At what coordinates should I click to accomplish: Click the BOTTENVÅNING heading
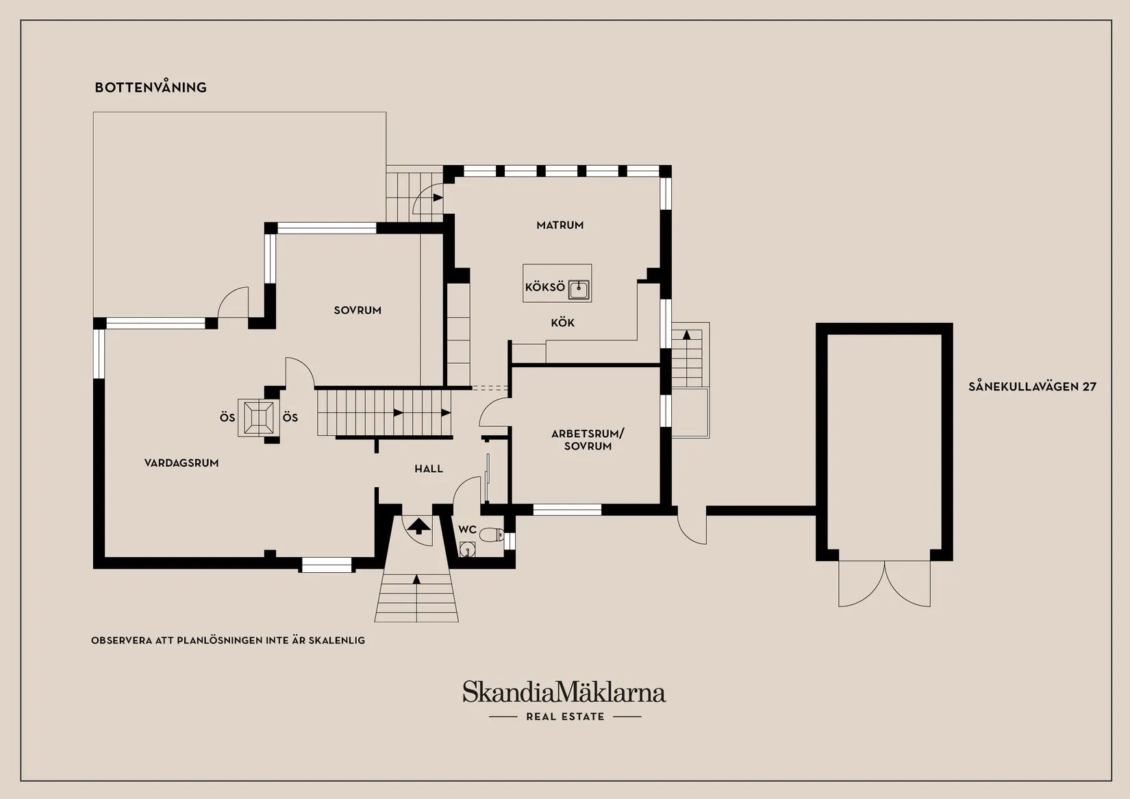[151, 87]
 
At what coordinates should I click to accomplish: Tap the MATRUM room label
[560, 225]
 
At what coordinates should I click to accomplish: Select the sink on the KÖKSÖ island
[579, 290]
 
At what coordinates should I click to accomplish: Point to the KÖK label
[562, 323]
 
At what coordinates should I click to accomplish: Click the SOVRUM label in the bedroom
[357, 310]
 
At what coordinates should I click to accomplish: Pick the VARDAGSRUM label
[181, 463]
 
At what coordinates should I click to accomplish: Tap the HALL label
[429, 469]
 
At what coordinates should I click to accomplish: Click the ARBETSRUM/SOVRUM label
[588, 440]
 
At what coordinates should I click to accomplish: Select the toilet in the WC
[491, 534]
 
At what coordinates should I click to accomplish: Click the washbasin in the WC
[468, 549]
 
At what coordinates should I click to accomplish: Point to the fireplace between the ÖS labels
[258, 418]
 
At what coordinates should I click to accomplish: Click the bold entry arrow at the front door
[418, 526]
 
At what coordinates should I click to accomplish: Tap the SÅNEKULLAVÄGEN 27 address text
[1032, 386]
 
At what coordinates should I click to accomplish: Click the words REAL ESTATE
[565, 717]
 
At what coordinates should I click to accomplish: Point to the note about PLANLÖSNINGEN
[228, 641]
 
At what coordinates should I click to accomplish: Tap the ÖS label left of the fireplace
[227, 417]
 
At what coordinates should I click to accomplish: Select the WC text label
[467, 530]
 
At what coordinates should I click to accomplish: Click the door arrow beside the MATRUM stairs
[438, 197]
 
